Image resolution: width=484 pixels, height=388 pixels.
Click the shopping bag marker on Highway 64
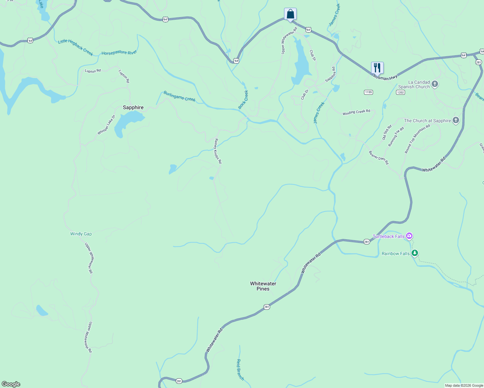tap(290, 14)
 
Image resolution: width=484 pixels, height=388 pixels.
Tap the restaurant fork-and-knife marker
tap(377, 68)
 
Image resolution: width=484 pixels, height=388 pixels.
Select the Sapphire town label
tap(133, 107)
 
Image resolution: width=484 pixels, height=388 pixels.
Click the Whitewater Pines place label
tap(263, 286)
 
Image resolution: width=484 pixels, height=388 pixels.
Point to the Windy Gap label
tap(81, 234)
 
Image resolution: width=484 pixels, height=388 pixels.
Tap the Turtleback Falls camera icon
tap(409, 236)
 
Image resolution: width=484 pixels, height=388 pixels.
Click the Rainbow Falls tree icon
tap(415, 253)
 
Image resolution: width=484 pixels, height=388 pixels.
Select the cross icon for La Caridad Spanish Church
tap(435, 84)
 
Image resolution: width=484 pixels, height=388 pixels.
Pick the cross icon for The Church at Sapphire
tap(456, 121)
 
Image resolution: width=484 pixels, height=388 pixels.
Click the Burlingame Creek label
tap(179, 96)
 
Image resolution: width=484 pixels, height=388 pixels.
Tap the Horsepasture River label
tap(119, 53)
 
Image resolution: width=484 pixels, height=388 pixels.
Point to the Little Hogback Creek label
tap(75, 47)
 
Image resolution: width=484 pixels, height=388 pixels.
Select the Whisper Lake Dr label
tap(106, 125)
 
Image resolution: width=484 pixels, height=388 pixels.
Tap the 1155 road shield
tap(368, 92)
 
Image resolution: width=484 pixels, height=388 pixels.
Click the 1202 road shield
tap(400, 92)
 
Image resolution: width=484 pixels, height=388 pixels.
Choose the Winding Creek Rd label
tap(356, 112)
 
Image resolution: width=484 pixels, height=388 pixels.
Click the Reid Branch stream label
tap(240, 370)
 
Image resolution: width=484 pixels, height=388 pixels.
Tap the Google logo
tap(11, 384)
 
